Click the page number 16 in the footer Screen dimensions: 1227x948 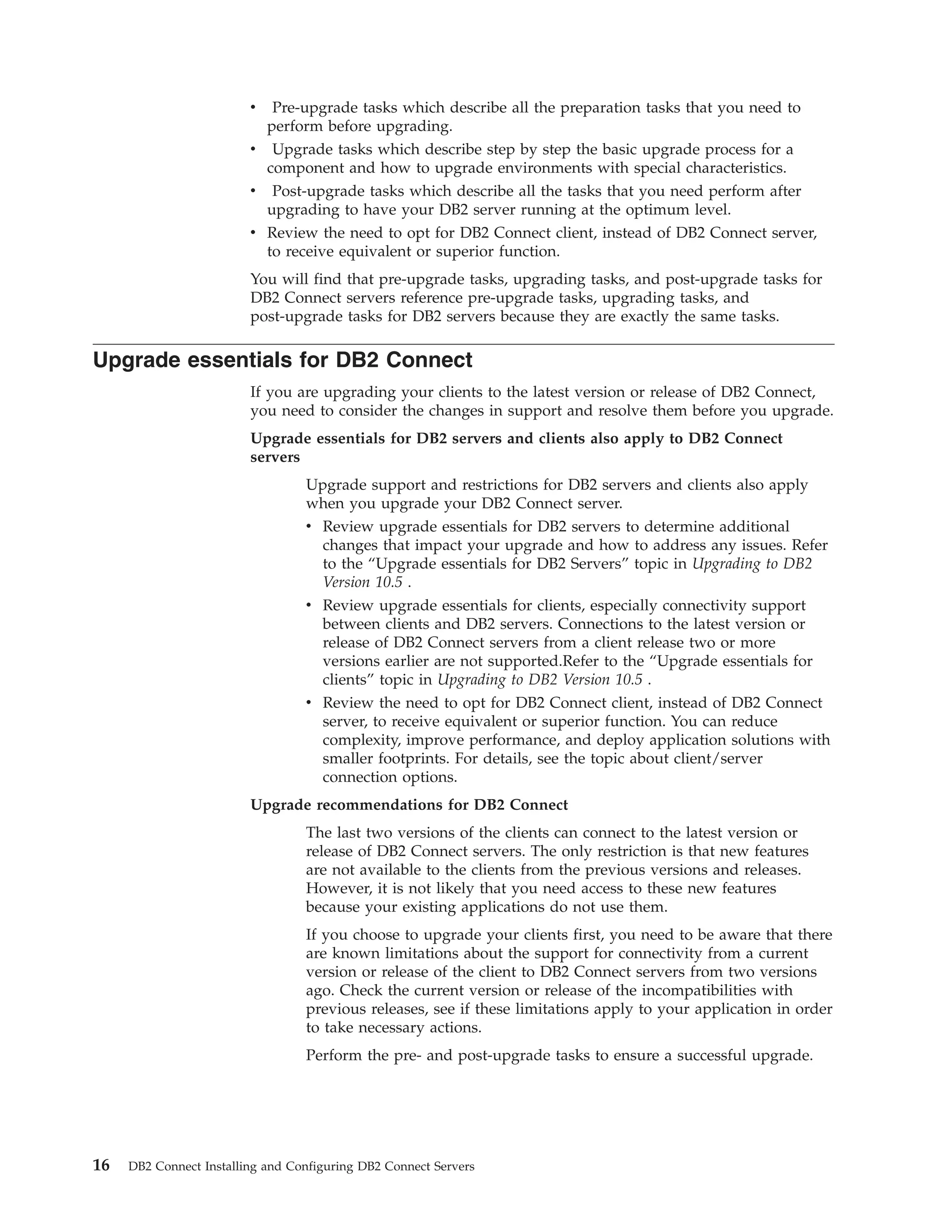pyautogui.click(x=101, y=1166)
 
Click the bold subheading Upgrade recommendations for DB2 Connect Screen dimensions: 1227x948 pyautogui.click(x=409, y=805)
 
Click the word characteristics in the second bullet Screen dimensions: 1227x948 pyautogui.click(x=735, y=168)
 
